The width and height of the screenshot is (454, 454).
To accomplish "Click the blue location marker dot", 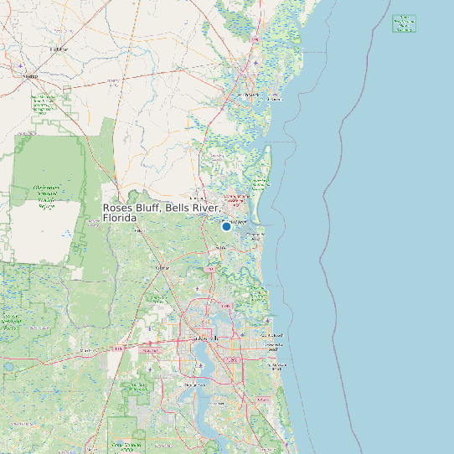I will pos(226,226).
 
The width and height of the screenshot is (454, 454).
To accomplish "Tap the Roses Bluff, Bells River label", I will pos(161,213).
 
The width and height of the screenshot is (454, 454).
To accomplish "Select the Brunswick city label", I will pos(249,95).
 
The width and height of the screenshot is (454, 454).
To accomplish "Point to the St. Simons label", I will pos(272,98).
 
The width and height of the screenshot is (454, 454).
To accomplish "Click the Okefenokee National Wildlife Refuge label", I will pos(45,197).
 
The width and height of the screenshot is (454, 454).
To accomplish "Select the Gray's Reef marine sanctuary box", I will pos(405,23).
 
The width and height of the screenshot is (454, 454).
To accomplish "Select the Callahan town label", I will pos(163,268).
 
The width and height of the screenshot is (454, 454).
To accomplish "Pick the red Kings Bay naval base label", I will pos(237,198).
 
